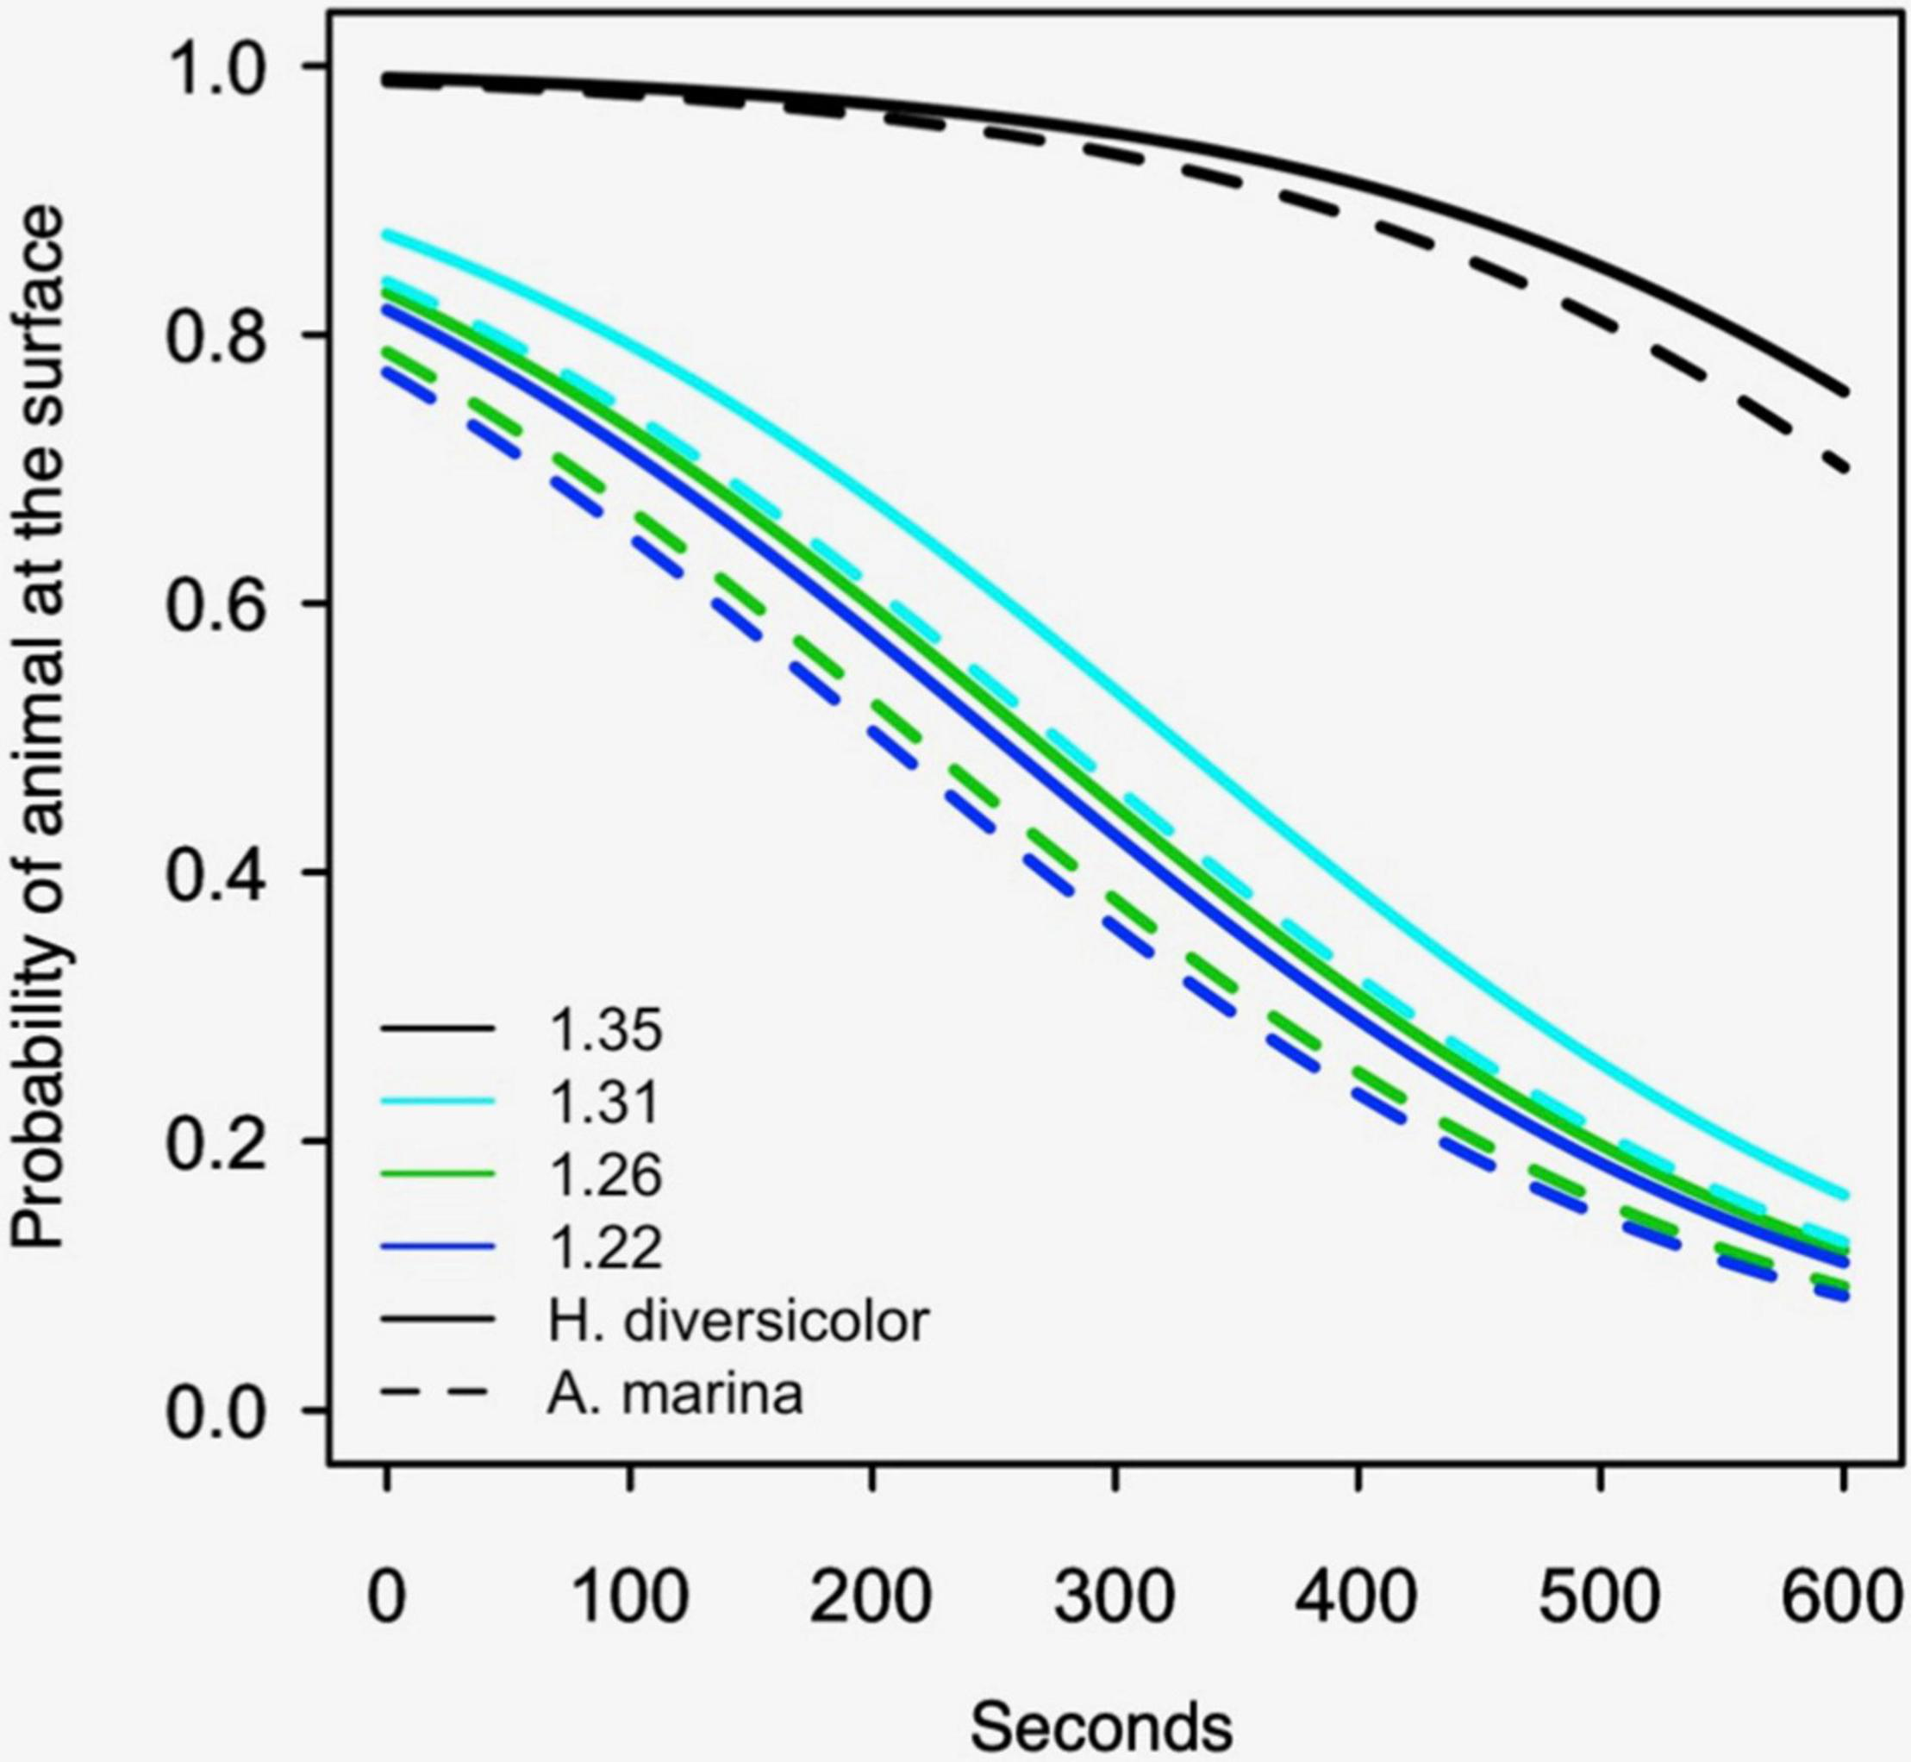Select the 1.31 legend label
coord(604,1102)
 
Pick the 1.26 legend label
coord(604,1175)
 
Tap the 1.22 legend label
coord(604,1247)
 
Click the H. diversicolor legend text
coord(737,1321)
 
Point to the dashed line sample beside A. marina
coord(438,1394)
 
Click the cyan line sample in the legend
coord(438,1102)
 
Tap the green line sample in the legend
coord(438,1175)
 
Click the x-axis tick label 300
coord(1114,1594)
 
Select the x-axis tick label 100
coord(628,1594)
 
